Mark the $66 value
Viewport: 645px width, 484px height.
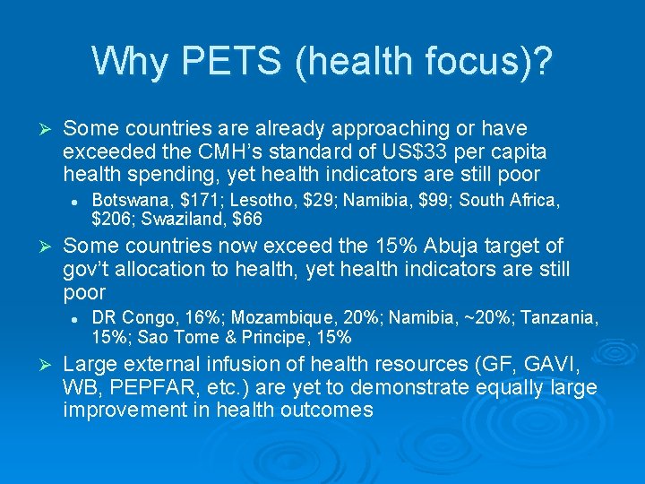click(x=246, y=219)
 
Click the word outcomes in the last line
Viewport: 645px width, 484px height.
click(x=325, y=410)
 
